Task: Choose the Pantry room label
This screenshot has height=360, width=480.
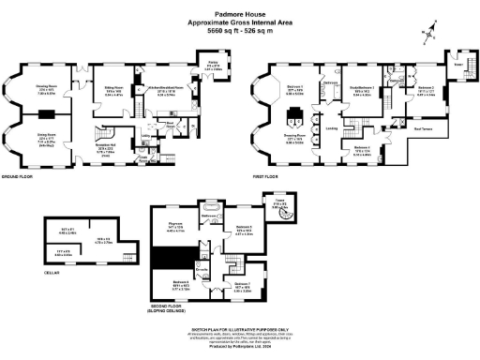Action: [214, 67]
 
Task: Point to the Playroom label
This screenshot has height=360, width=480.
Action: [175, 225]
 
